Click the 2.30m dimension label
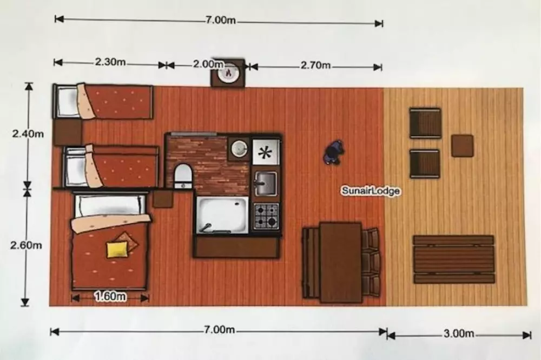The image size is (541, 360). (x=110, y=62)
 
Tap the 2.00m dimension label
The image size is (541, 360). (x=208, y=64)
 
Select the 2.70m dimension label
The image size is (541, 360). (x=316, y=65)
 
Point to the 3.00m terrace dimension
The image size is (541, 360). (x=459, y=334)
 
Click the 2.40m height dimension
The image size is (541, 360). (x=28, y=134)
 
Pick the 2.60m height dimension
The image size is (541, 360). (x=26, y=245)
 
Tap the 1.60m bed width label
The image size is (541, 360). (x=110, y=296)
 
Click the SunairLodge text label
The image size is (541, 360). (x=371, y=191)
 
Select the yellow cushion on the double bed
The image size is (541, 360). (x=117, y=250)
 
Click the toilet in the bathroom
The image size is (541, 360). (x=183, y=176)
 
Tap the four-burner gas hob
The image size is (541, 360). (x=266, y=216)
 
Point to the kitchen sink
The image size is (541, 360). (x=265, y=183)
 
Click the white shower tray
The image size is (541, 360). (x=222, y=215)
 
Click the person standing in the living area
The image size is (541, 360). (x=334, y=152)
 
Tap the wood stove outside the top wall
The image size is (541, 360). (x=228, y=72)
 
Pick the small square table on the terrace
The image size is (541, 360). (x=462, y=145)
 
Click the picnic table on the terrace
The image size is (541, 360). (x=454, y=259)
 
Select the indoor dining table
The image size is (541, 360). (x=340, y=262)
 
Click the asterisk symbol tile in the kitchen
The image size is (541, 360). (x=265, y=152)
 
